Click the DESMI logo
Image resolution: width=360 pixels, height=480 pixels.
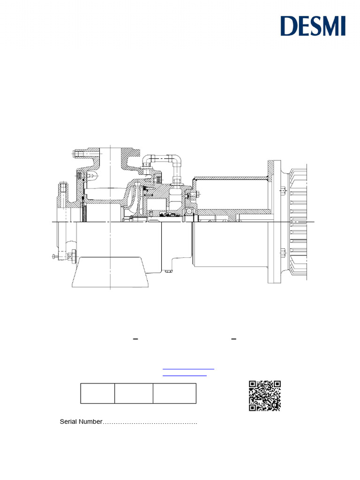click(313, 26)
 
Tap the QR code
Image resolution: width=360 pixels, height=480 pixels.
click(265, 396)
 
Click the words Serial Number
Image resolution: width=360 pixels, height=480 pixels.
click(81, 422)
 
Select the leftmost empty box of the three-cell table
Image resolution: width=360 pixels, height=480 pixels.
click(97, 393)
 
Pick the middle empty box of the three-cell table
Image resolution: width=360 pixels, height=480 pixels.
click(134, 393)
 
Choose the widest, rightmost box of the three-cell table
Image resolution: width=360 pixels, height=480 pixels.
click(174, 393)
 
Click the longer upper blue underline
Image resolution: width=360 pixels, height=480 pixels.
click(188, 369)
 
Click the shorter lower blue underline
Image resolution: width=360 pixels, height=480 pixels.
click(185, 376)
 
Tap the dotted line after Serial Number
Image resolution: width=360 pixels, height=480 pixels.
click(150, 423)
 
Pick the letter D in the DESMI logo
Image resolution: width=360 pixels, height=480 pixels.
click(288, 26)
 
